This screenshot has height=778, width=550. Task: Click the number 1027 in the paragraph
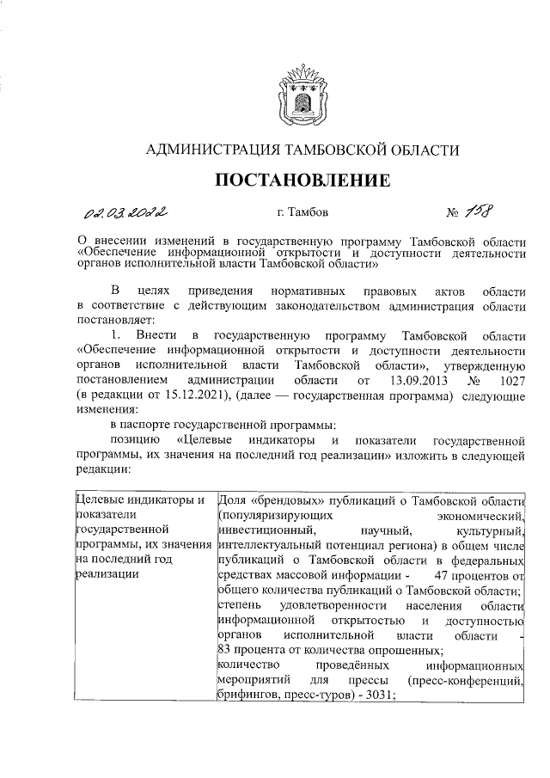point(509,379)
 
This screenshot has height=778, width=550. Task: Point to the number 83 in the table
point(228,650)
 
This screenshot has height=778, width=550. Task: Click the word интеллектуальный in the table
point(270,543)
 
